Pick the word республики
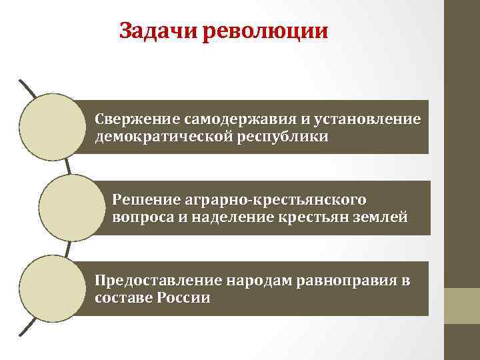[x=287, y=137]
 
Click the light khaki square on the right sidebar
[x=462, y=306]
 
